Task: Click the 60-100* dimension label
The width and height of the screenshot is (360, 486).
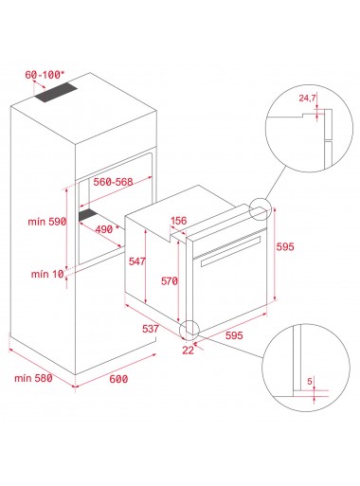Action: [45, 75]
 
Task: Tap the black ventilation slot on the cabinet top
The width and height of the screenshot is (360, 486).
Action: [56, 93]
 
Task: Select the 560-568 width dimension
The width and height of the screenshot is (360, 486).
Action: [113, 182]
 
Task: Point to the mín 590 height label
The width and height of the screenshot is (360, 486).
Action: [47, 222]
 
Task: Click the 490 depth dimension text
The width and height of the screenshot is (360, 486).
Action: [104, 229]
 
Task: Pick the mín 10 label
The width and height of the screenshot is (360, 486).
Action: [47, 274]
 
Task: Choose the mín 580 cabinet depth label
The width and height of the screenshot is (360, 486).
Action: [33, 378]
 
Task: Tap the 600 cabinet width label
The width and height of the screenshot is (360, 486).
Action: [118, 379]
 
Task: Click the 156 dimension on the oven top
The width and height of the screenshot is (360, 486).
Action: [179, 221]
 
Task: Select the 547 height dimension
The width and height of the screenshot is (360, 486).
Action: [137, 261]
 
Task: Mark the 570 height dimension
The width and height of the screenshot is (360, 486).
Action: [170, 280]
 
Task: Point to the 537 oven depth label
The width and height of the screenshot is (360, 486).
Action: [151, 329]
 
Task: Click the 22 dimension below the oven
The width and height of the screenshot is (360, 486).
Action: [188, 350]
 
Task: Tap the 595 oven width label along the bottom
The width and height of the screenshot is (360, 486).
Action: [234, 335]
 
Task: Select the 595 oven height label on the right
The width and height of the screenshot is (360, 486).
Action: [285, 246]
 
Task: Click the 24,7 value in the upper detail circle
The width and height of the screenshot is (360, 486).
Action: [307, 98]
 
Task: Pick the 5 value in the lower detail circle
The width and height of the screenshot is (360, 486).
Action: [310, 381]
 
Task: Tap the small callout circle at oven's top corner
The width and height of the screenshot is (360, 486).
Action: [261, 209]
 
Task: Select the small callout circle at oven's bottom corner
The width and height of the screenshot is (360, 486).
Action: [189, 331]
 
